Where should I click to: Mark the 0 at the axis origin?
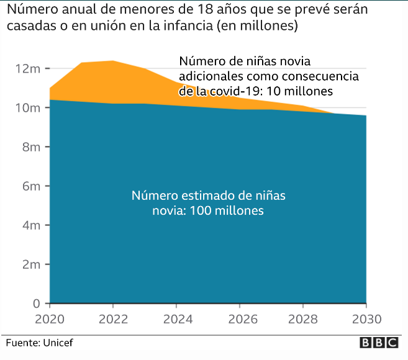point(37,304)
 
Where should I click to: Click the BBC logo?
point(379,343)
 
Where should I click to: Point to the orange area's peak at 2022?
point(113,61)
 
